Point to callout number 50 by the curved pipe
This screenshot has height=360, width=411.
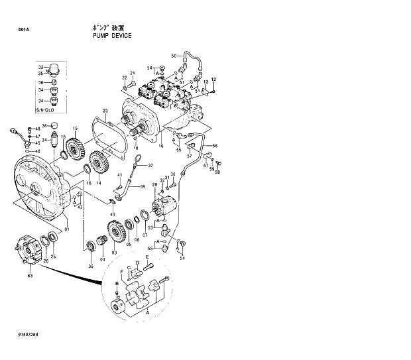pyautogui.click(x=174, y=56)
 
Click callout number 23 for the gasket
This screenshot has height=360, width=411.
pyautogui.click(x=105, y=110)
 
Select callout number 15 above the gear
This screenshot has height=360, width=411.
pyautogui.click(x=76, y=128)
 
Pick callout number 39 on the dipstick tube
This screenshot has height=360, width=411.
pyautogui.click(x=142, y=187)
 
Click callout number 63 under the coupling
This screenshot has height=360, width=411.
pyautogui.click(x=30, y=273)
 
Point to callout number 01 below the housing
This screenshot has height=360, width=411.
pyautogui.click(x=66, y=229)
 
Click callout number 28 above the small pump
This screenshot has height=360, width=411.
pyautogui.click(x=155, y=185)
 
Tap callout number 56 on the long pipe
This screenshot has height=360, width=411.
pyautogui.click(x=214, y=145)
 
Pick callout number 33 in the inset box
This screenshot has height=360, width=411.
pyautogui.click(x=40, y=67)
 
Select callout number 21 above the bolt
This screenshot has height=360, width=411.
pyautogui.click(x=132, y=73)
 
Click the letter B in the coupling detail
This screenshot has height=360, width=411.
pyautogui.click(x=117, y=283)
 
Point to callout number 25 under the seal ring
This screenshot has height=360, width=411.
pyautogui.click(x=54, y=256)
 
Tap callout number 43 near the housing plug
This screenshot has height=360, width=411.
pyautogui.click(x=80, y=208)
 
